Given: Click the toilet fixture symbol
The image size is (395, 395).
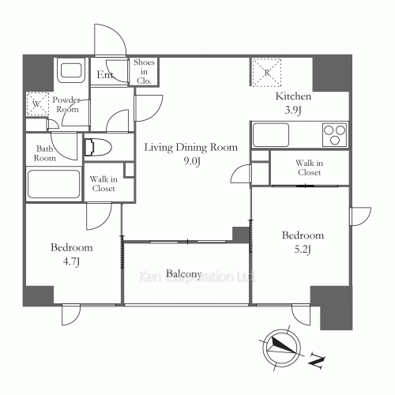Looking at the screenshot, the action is tap(98, 148).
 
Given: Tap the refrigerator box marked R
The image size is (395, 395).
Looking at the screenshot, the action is tap(267, 73).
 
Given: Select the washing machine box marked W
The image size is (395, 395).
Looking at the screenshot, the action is tap(38, 103).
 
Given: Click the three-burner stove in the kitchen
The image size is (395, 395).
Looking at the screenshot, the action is tap(335, 135).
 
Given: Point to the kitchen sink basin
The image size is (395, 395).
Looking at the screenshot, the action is tap(271, 135).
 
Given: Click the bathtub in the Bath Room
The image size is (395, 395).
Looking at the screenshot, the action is tap(54, 184).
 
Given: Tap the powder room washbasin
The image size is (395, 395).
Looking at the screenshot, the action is tap(71, 70).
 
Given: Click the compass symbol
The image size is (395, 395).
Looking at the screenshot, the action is tap(282, 348).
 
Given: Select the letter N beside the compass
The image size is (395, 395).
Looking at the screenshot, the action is tap(316, 360).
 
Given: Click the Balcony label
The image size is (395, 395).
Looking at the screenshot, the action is tap(184, 274).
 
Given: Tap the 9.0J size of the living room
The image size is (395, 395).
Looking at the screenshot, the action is tap(192, 161).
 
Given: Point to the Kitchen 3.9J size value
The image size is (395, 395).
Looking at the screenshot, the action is tap(293, 110).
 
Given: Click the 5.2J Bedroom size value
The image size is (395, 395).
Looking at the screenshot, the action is tap(303, 249).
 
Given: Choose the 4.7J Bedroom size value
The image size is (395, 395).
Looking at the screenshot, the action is tap(71, 261).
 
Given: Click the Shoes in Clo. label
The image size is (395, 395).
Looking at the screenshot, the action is tap(144, 71).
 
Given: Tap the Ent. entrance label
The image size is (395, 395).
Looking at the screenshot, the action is tap(105, 75).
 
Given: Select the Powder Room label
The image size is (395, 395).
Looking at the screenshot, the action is tap(66, 104).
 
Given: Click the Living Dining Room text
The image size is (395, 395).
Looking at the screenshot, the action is tap(191, 147).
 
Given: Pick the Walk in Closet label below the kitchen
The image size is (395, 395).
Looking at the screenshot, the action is tap(309, 167).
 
